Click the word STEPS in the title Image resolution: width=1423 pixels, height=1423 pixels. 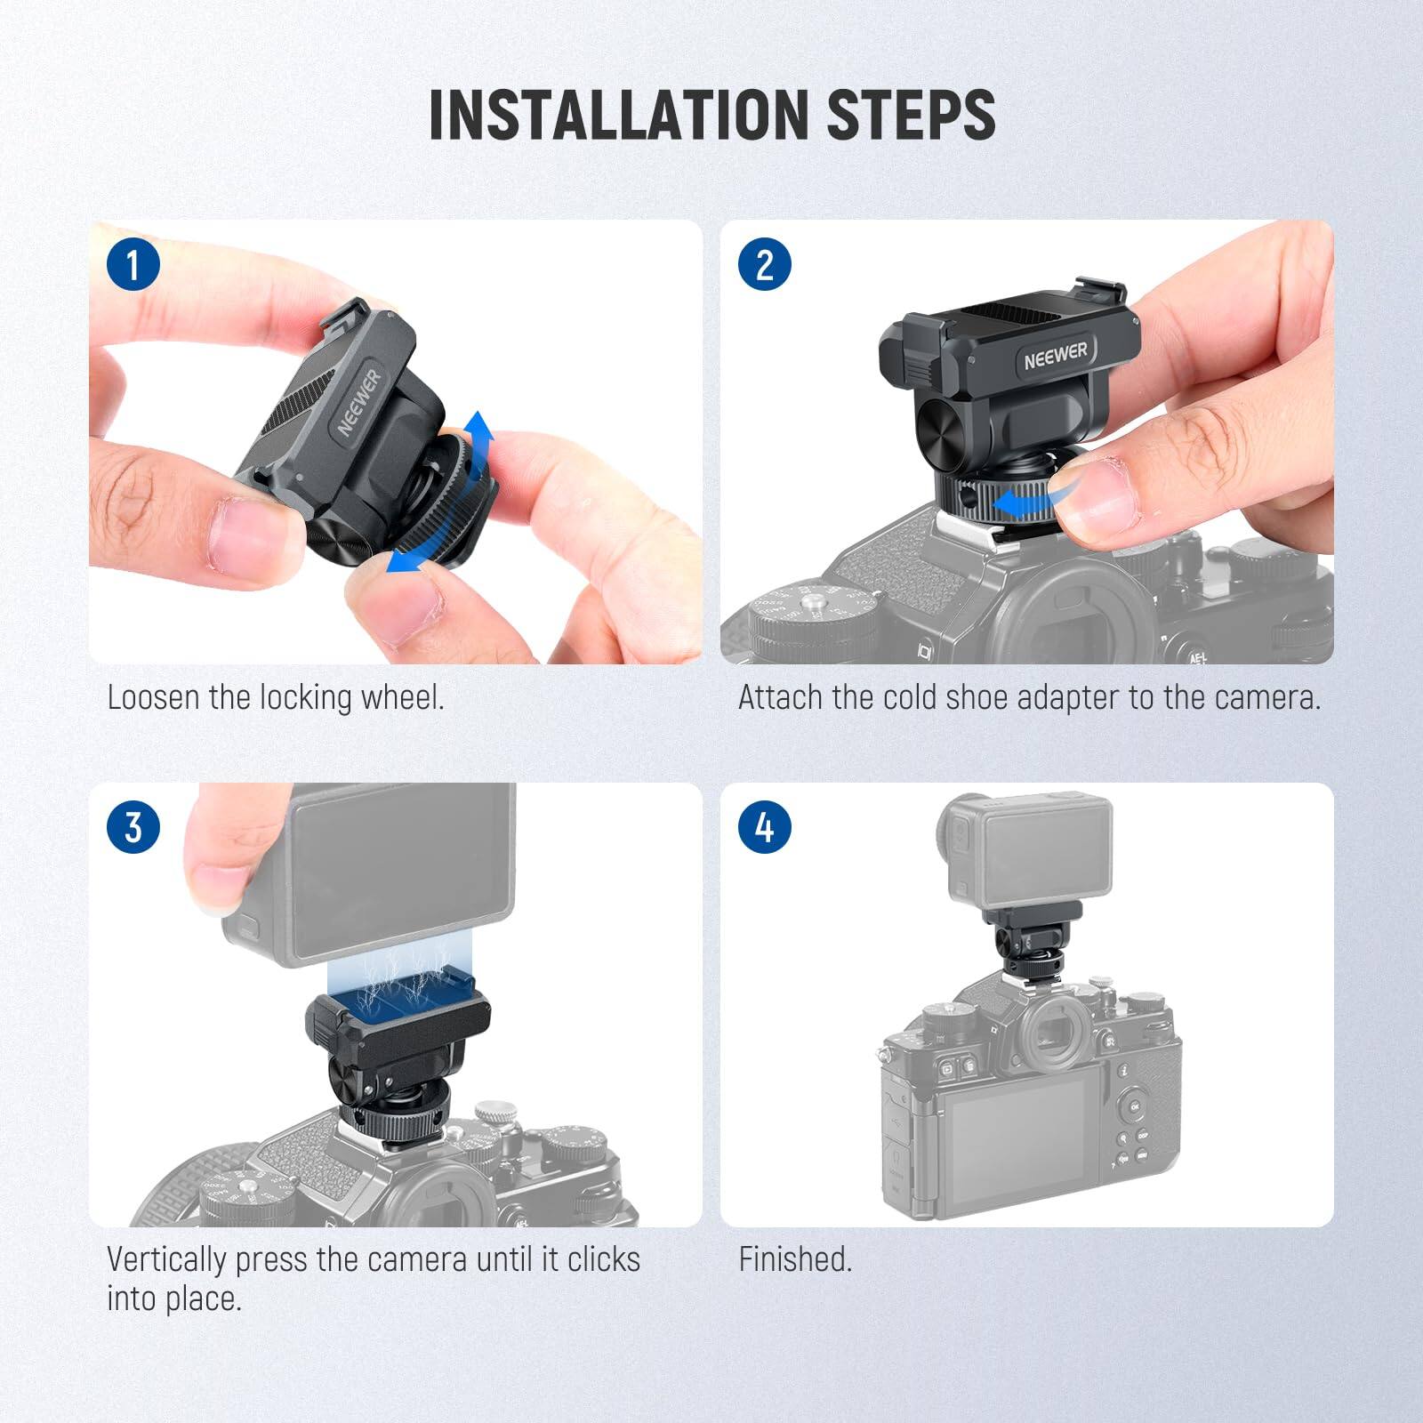click(911, 115)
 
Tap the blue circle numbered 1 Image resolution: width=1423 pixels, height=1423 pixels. click(133, 264)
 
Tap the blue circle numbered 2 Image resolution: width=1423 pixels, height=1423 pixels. click(765, 264)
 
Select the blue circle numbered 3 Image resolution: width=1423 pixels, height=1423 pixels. click(133, 827)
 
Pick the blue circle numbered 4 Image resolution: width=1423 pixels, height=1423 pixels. click(765, 827)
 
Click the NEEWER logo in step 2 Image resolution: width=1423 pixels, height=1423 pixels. click(1055, 354)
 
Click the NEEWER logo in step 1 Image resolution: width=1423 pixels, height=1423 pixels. click(358, 402)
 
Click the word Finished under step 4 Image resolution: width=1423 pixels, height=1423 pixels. click(795, 1259)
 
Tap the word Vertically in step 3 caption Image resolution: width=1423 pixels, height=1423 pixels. click(167, 1259)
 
